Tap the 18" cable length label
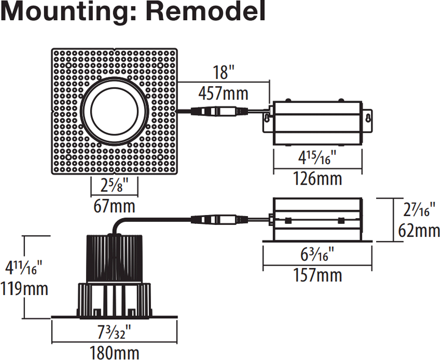(x=223, y=72)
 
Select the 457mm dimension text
(x=223, y=93)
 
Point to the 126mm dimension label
(x=317, y=179)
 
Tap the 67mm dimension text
(x=114, y=206)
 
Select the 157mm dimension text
(x=317, y=275)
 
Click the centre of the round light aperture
(x=114, y=111)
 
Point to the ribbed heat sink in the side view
(x=114, y=258)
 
